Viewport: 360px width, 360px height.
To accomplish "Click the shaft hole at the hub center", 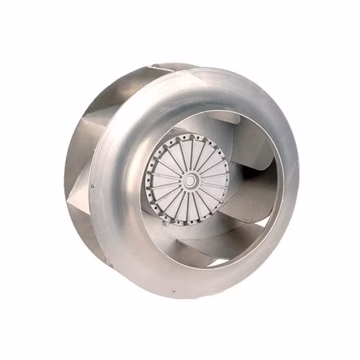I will click(190, 179).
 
